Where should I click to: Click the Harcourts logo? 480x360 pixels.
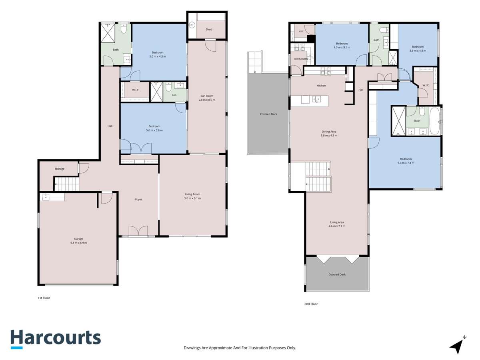pyautogui.click(x=56, y=339)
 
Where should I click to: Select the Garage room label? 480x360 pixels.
pyautogui.click(x=78, y=239)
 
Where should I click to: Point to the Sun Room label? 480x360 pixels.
pyautogui.click(x=207, y=96)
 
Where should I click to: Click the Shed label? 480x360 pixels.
pyautogui.click(x=209, y=29)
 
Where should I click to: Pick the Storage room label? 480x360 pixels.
pyautogui.click(x=60, y=169)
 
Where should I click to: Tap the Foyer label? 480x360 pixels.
pyautogui.click(x=138, y=199)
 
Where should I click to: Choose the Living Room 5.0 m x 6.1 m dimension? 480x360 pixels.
pyautogui.click(x=192, y=198)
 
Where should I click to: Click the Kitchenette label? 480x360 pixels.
pyautogui.click(x=301, y=59)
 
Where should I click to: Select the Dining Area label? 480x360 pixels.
pyautogui.click(x=329, y=132)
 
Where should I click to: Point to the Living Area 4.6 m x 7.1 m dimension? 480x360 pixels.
pyautogui.click(x=337, y=226)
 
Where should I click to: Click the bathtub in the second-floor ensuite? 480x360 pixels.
pyautogui.click(x=435, y=121)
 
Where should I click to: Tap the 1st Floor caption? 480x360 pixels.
pyautogui.click(x=44, y=298)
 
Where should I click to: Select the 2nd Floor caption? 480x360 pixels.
pyautogui.click(x=311, y=304)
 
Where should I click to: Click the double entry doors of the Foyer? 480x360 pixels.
pyautogui.click(x=138, y=231)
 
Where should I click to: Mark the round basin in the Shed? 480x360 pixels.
pyautogui.click(x=192, y=25)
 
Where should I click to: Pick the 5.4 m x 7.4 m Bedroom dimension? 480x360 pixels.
pyautogui.click(x=406, y=163)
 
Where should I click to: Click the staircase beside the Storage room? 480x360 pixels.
pyautogui.click(x=66, y=184)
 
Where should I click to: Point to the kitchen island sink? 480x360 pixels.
pyautogui.click(x=316, y=100)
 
